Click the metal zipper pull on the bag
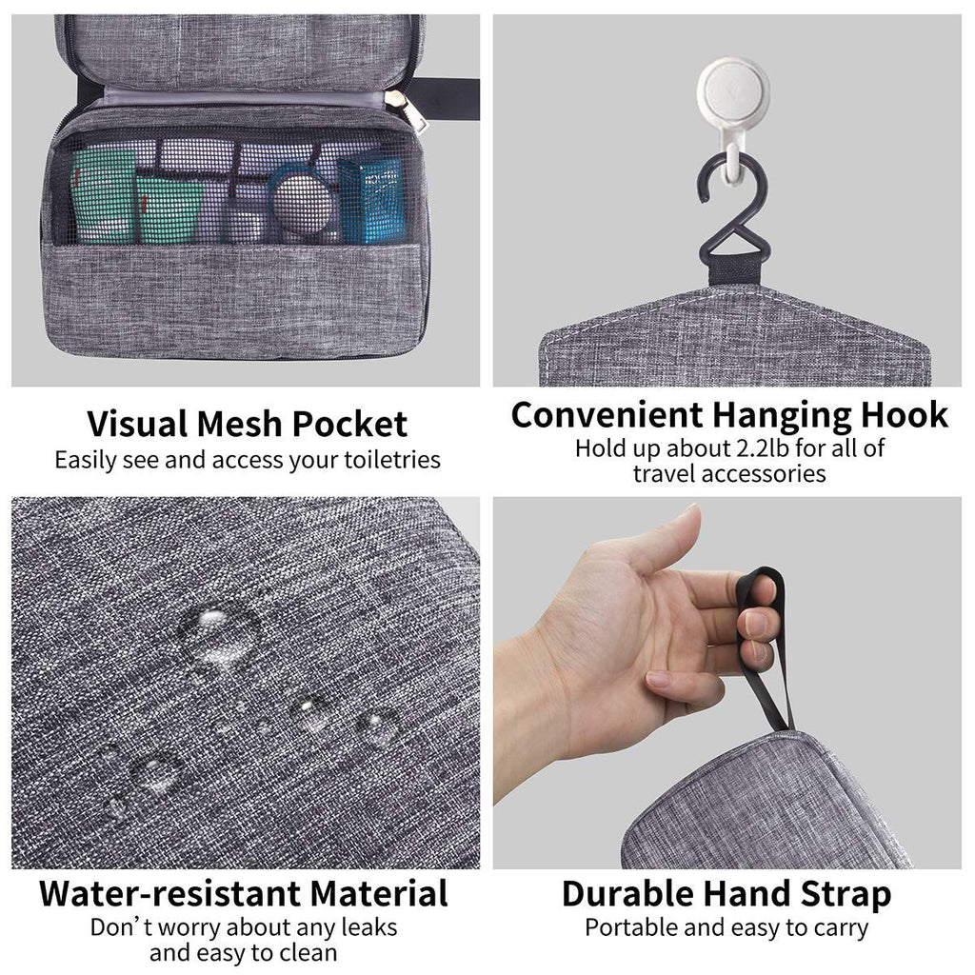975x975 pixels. pyautogui.click(x=415, y=110)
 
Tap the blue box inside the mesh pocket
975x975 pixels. pyautogui.click(x=369, y=201)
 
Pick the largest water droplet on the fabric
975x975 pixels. pyautogui.click(x=218, y=633)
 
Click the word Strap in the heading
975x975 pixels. pyautogui.click(x=841, y=894)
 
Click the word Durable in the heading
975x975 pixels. pyautogui.click(x=627, y=894)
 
